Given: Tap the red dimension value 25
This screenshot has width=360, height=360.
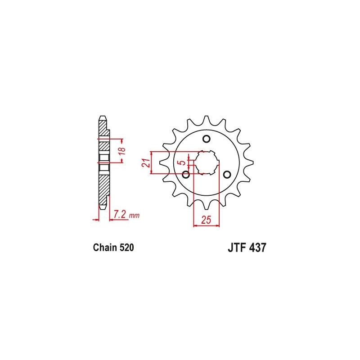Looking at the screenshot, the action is tap(206, 220).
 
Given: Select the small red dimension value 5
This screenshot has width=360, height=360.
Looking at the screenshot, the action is tap(182, 162).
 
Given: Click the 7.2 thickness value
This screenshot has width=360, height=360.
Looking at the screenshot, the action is tap(120, 215).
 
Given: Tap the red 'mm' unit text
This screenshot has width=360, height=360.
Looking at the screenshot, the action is tap(134, 216).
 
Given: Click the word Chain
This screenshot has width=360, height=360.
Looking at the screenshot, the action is tap(105, 248).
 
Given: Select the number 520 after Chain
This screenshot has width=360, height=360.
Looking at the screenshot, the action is tap(126, 248).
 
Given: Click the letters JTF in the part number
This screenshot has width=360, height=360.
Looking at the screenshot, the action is tap(237, 248).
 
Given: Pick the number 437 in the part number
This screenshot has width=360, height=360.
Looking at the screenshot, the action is tap(257, 248).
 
